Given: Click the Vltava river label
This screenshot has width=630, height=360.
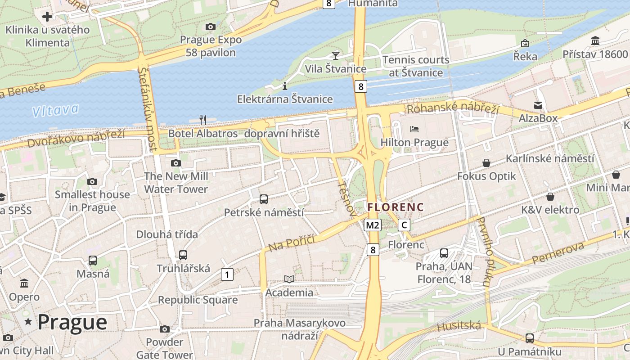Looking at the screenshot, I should coord(55,110).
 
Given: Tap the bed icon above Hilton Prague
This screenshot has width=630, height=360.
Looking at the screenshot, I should coord(414,129).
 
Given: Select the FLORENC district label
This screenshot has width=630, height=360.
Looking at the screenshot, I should coord(396,207).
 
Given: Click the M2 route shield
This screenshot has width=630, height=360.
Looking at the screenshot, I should coord(373,225).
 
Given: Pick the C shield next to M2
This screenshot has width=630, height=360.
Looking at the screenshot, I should coord(404,225).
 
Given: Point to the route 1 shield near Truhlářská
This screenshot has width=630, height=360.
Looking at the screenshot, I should coord(227,274).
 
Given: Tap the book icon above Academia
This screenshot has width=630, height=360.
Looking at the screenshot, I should coord(289,279).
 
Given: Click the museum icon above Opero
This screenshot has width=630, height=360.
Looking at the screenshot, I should coord(24,283).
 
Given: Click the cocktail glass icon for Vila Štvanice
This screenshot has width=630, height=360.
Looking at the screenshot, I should coord(335,55).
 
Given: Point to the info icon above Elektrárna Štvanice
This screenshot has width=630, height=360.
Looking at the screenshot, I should coord(284,86).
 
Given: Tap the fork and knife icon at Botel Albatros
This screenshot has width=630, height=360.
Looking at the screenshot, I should coord(203,120).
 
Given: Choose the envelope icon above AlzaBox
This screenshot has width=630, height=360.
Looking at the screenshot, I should coord(538,105).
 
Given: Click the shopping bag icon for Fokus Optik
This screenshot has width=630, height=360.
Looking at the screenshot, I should coord(486,162).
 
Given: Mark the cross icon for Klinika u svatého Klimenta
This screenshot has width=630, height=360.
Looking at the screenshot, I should coord(47,17).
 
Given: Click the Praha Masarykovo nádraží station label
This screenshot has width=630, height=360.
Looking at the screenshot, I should coord(300,329).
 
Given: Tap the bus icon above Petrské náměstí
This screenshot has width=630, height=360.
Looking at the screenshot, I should coord(264,199).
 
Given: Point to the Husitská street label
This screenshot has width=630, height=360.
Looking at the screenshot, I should coord(459,326).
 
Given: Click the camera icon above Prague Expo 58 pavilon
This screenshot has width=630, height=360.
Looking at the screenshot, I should coord(210,27).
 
